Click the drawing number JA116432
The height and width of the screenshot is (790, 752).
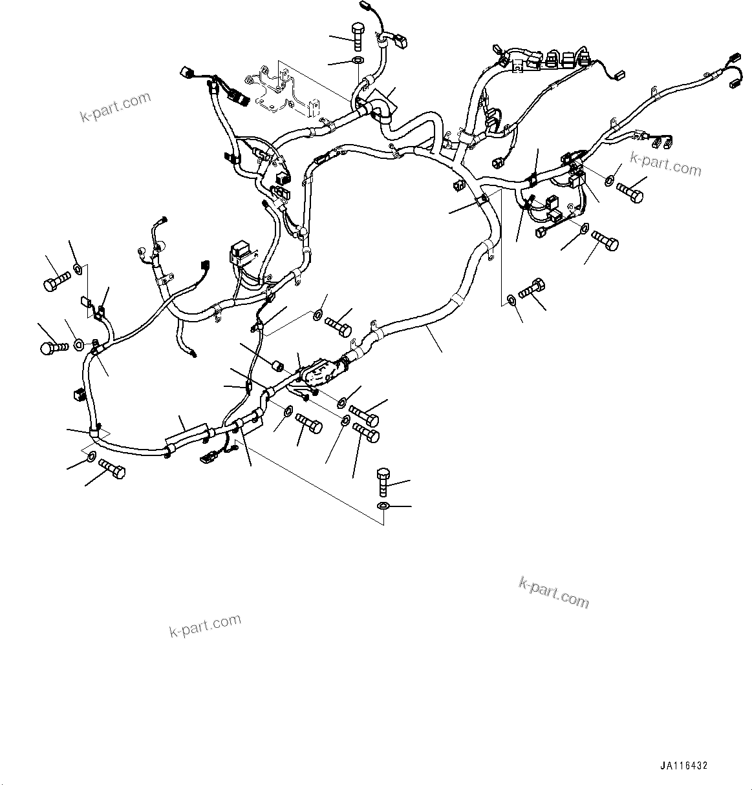click(683, 765)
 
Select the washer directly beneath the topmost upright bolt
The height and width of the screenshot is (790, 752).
click(358, 61)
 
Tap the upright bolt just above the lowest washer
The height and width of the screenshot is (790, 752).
click(382, 481)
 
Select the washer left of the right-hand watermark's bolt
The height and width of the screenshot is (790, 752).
click(611, 179)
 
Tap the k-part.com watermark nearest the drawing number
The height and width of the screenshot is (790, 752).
click(554, 592)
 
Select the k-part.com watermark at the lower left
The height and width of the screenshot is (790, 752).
click(205, 625)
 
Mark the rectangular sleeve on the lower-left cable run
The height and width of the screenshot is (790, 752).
click(186, 435)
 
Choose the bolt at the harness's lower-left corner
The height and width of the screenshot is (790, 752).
click(111, 470)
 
